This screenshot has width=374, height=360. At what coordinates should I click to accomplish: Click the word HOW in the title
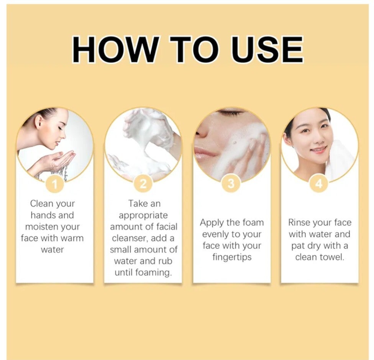tap(115, 50)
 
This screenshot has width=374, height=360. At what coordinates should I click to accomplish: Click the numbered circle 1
tap(55, 184)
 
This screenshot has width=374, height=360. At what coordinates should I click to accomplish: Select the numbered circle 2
tap(143, 184)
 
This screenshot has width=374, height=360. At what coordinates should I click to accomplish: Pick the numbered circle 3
tap(231, 184)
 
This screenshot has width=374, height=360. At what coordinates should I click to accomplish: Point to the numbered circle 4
tap(319, 184)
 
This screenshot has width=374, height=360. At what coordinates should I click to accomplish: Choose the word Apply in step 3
tap(212, 223)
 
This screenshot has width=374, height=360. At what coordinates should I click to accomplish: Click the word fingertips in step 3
tap(232, 257)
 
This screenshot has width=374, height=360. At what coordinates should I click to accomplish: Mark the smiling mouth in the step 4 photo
tap(316, 150)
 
